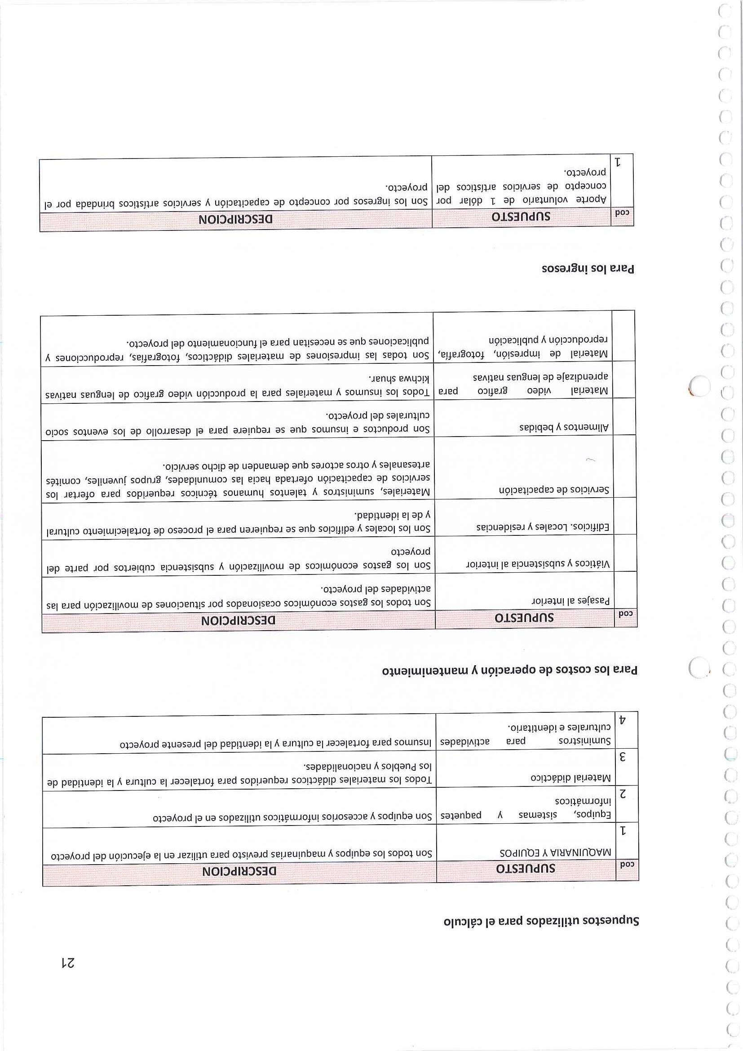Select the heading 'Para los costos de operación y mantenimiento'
click(x=509, y=671)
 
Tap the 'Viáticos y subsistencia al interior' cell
click(x=538, y=564)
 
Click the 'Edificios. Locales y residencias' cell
click(x=543, y=527)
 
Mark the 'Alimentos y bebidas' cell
click(x=564, y=428)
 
